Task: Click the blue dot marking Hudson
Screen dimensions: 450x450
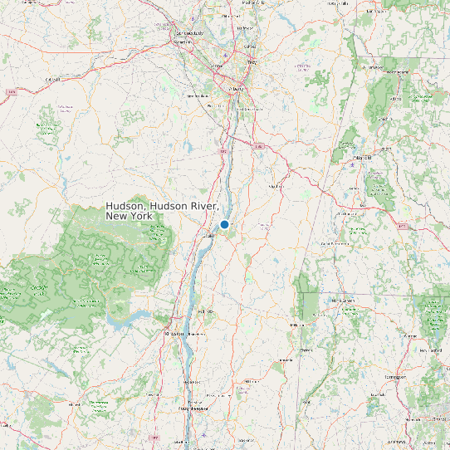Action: point(224,224)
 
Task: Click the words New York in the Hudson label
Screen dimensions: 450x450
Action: point(129,216)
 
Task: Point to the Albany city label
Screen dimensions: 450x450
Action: point(237,88)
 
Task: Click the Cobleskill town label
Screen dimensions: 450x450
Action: point(53,79)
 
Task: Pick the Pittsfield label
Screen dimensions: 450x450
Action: point(362,156)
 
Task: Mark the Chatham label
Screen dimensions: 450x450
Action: point(275,186)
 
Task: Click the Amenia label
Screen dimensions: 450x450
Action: point(286,360)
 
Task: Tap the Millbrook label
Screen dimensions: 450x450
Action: point(247,381)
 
